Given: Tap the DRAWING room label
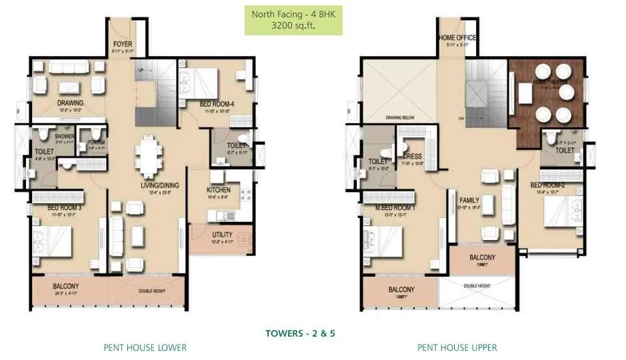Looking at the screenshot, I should pos(70,103).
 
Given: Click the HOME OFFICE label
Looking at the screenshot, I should pos(457,38).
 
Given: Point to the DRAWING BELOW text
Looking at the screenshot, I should pos(400,118).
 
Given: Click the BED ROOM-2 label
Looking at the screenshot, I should pos(547,185).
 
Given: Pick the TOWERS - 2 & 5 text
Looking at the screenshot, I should pos(299,333).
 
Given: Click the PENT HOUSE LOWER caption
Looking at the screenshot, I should pos(145,347).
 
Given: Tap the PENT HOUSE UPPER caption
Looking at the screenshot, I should pos(457,347).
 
